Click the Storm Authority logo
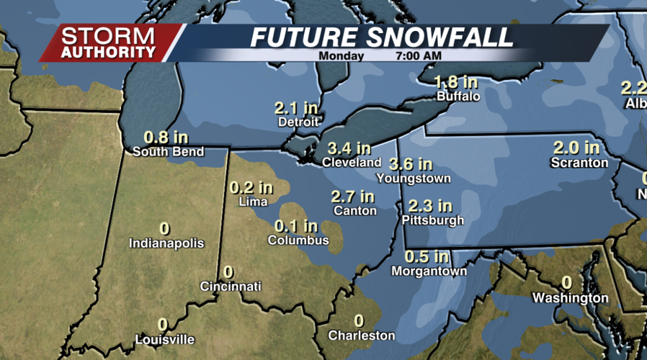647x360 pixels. pos(108,43)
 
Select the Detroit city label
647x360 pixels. pos(298,122)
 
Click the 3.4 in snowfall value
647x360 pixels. pos(349,148)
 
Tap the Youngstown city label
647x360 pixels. pos(414,178)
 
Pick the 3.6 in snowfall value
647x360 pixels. pos(411,164)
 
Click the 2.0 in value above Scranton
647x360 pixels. pos(576,148)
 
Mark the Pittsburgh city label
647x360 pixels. pos(433,220)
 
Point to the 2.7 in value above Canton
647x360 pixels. pos(353,196)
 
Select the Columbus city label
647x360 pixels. pos(298,240)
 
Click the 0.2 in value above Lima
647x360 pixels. pos(251,187)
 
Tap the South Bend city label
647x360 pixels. pos(169,151)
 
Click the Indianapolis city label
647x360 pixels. pos(166,243)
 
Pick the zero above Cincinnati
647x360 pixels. pos(228,272)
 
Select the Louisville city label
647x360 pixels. pos(165,339)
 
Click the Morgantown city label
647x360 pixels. pos(429,271)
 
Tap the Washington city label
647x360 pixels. pos(571,298)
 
